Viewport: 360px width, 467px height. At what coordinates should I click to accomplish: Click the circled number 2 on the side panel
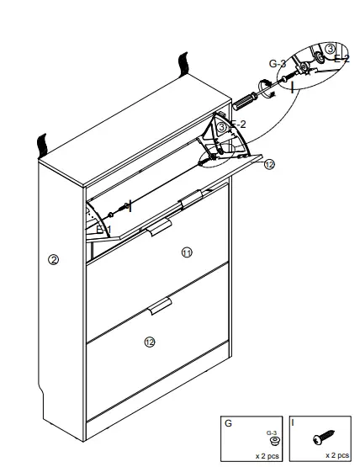click(54, 260)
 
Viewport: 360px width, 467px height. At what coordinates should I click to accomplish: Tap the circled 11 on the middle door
click(186, 252)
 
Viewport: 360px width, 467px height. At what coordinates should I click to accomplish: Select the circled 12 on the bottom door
click(150, 342)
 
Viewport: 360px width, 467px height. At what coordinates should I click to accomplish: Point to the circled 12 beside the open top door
click(268, 165)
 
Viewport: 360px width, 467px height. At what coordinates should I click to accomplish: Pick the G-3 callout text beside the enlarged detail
click(278, 63)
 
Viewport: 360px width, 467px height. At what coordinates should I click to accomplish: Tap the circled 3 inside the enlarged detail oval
click(331, 48)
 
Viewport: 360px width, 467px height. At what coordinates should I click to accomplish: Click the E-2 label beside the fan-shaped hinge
click(237, 125)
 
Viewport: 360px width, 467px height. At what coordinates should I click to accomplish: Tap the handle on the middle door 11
click(157, 229)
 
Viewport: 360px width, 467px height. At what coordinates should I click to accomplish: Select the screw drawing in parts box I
click(320, 439)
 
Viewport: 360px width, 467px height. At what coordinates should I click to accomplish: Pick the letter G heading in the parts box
click(227, 423)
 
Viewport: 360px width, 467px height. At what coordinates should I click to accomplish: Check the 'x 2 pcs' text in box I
click(337, 454)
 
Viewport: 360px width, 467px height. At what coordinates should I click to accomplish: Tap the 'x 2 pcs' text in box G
click(267, 454)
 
